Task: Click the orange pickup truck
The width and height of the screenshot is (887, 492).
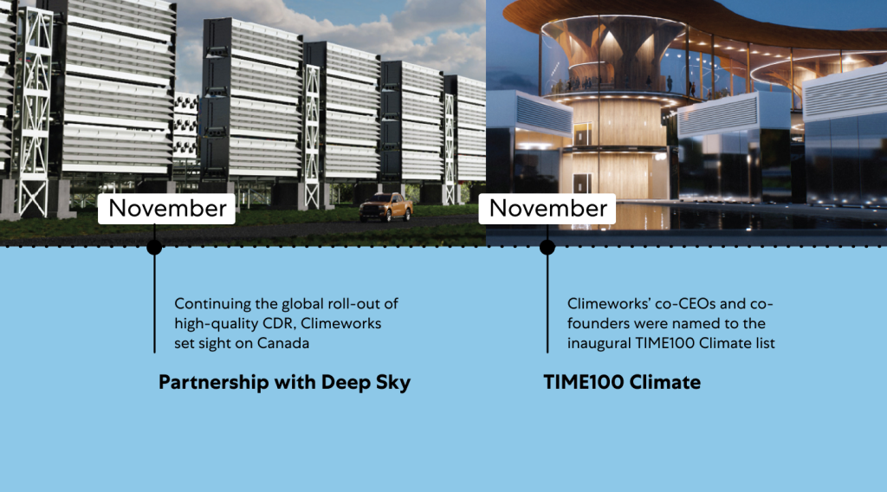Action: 385,207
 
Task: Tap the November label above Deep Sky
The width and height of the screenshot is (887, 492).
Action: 167,209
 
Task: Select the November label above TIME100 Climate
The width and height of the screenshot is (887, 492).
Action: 547,209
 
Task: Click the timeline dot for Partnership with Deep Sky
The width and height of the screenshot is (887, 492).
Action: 154,247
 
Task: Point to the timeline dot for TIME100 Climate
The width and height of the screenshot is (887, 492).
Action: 547,247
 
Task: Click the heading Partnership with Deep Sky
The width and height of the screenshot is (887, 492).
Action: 284,383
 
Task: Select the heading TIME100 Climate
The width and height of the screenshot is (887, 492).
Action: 622,382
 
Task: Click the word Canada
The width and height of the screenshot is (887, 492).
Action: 283,343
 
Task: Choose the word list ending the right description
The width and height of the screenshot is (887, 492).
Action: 765,343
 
